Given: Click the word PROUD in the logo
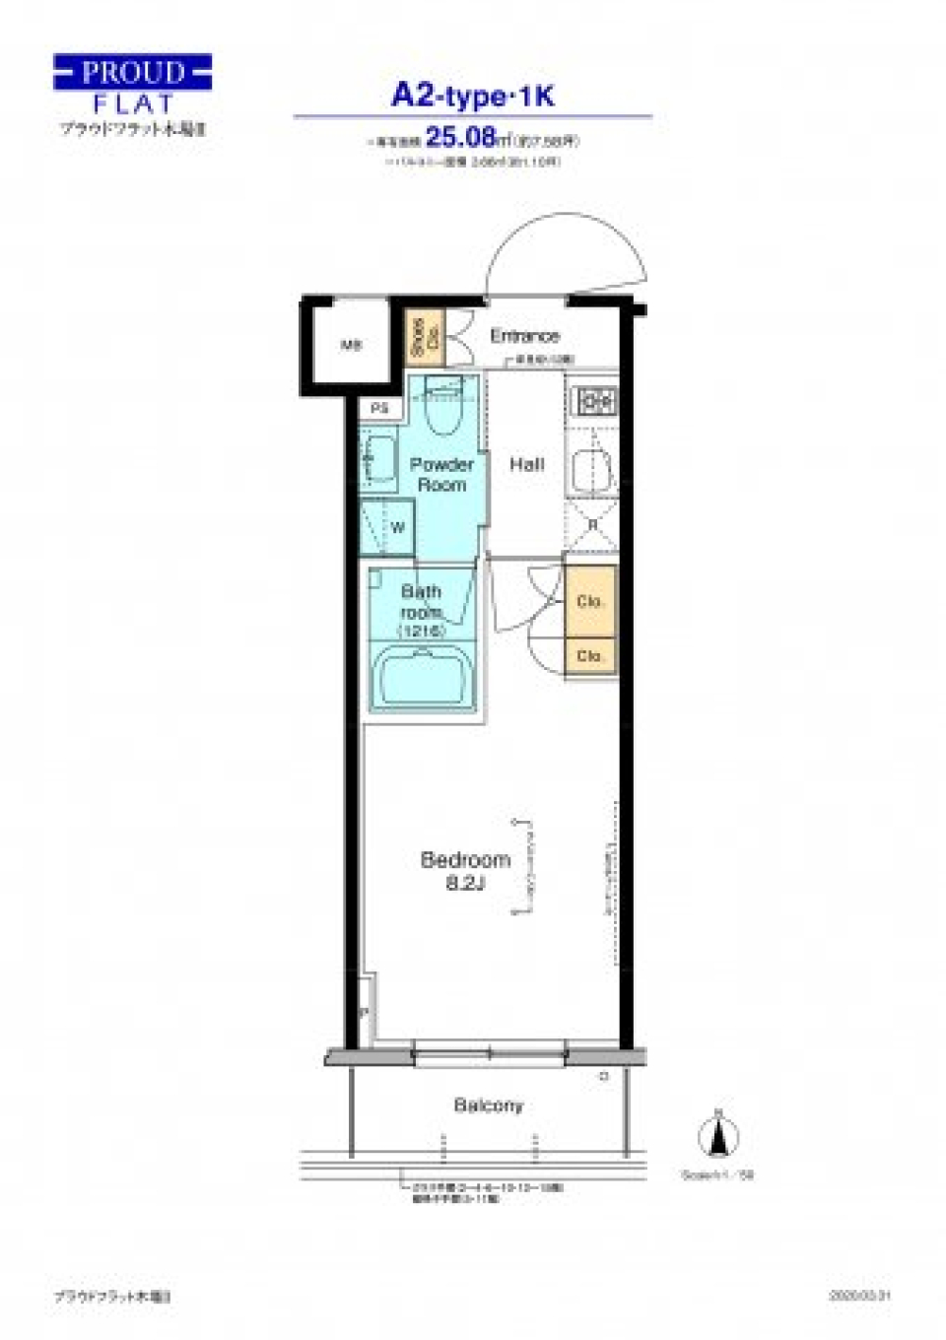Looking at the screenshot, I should click(132, 72).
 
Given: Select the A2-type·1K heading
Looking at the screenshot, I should click(473, 96).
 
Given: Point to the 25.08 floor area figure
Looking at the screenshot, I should click(459, 137).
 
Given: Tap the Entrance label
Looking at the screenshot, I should click(524, 336).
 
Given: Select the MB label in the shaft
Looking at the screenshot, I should click(351, 345).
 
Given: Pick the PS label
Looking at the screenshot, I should click(380, 408).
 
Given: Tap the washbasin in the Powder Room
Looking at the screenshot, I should click(378, 458).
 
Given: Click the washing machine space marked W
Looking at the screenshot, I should click(389, 527).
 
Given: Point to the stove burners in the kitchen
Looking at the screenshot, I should click(595, 401).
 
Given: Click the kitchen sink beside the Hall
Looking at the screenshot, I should click(591, 466).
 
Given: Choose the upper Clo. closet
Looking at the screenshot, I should click(590, 601).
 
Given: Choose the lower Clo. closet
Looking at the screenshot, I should click(590, 655).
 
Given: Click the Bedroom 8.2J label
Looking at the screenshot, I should click(465, 870).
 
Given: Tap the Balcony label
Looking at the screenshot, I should click(488, 1105).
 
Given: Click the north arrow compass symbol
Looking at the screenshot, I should click(718, 1137).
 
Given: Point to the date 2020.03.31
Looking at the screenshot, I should click(859, 1296).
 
